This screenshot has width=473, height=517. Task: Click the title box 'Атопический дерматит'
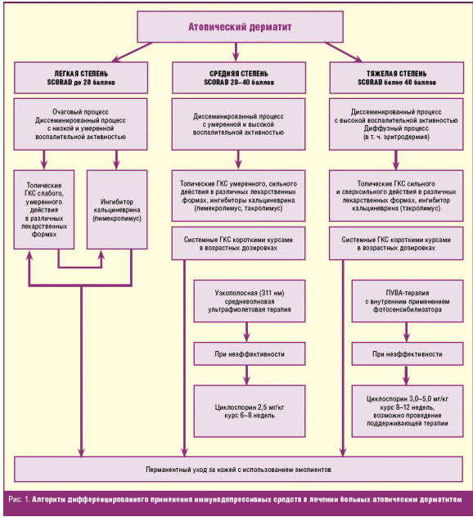pos(240,27)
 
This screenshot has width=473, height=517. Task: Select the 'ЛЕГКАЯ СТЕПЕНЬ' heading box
pos(81,78)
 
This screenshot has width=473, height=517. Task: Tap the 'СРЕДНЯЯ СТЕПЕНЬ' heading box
pos(239,78)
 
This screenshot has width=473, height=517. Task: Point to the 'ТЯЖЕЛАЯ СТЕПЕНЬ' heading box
pos(397,78)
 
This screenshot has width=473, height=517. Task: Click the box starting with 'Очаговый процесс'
pos(80,124)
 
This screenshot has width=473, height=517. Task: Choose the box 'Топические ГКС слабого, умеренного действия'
pos(44,209)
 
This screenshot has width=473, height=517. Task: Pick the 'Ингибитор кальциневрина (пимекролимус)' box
pos(117,209)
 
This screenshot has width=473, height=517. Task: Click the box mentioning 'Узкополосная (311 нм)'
pos(250,301)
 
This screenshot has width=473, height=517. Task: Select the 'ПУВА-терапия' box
pos(408,301)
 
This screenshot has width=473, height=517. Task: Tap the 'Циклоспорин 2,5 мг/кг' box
pos(250,411)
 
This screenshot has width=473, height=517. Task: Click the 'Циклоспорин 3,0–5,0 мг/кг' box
pos(408,411)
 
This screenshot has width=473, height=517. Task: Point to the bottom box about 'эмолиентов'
pos(238,470)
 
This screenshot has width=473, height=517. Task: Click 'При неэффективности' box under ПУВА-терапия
pos(408,353)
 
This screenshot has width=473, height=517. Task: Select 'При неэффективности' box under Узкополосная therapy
pos(250,353)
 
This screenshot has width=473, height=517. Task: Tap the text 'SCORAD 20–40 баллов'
pos(239,83)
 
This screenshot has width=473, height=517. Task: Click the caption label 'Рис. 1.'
pos(19,500)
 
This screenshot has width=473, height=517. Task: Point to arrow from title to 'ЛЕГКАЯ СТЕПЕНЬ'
pos(132,52)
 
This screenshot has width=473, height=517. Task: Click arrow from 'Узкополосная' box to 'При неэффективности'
pos(246,332)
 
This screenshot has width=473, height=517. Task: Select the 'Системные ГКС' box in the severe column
pos(396,244)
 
